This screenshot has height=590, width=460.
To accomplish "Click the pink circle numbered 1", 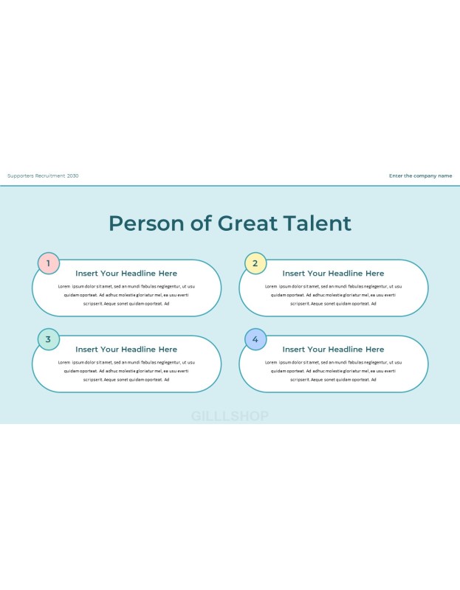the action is (x=49, y=263).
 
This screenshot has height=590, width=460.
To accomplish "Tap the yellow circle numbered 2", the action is (x=255, y=263).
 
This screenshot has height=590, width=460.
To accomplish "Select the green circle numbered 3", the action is (x=49, y=339).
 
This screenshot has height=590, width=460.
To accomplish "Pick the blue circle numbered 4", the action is (x=255, y=339).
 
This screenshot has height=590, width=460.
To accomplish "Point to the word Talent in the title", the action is (x=317, y=223).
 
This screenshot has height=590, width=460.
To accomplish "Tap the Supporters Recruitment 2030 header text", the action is (x=43, y=176).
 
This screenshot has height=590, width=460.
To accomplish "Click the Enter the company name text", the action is (x=420, y=176).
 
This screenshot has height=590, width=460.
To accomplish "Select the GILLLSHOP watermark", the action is (x=230, y=416).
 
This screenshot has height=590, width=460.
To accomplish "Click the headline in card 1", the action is (x=126, y=274).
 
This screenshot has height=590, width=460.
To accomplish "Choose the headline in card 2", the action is (x=333, y=274).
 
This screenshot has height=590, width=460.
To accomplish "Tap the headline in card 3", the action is (x=126, y=350).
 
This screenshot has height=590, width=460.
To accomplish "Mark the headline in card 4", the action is (x=333, y=350).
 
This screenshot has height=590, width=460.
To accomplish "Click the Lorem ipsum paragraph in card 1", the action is (x=126, y=295).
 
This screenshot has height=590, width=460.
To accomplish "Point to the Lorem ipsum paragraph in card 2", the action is (x=333, y=295).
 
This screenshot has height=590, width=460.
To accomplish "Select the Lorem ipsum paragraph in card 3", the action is (x=126, y=371).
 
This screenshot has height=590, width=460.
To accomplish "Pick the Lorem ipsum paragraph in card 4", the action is (x=333, y=371).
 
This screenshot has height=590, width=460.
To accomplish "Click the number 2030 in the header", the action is (x=72, y=176).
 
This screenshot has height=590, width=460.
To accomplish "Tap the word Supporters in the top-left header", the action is (x=21, y=176).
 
